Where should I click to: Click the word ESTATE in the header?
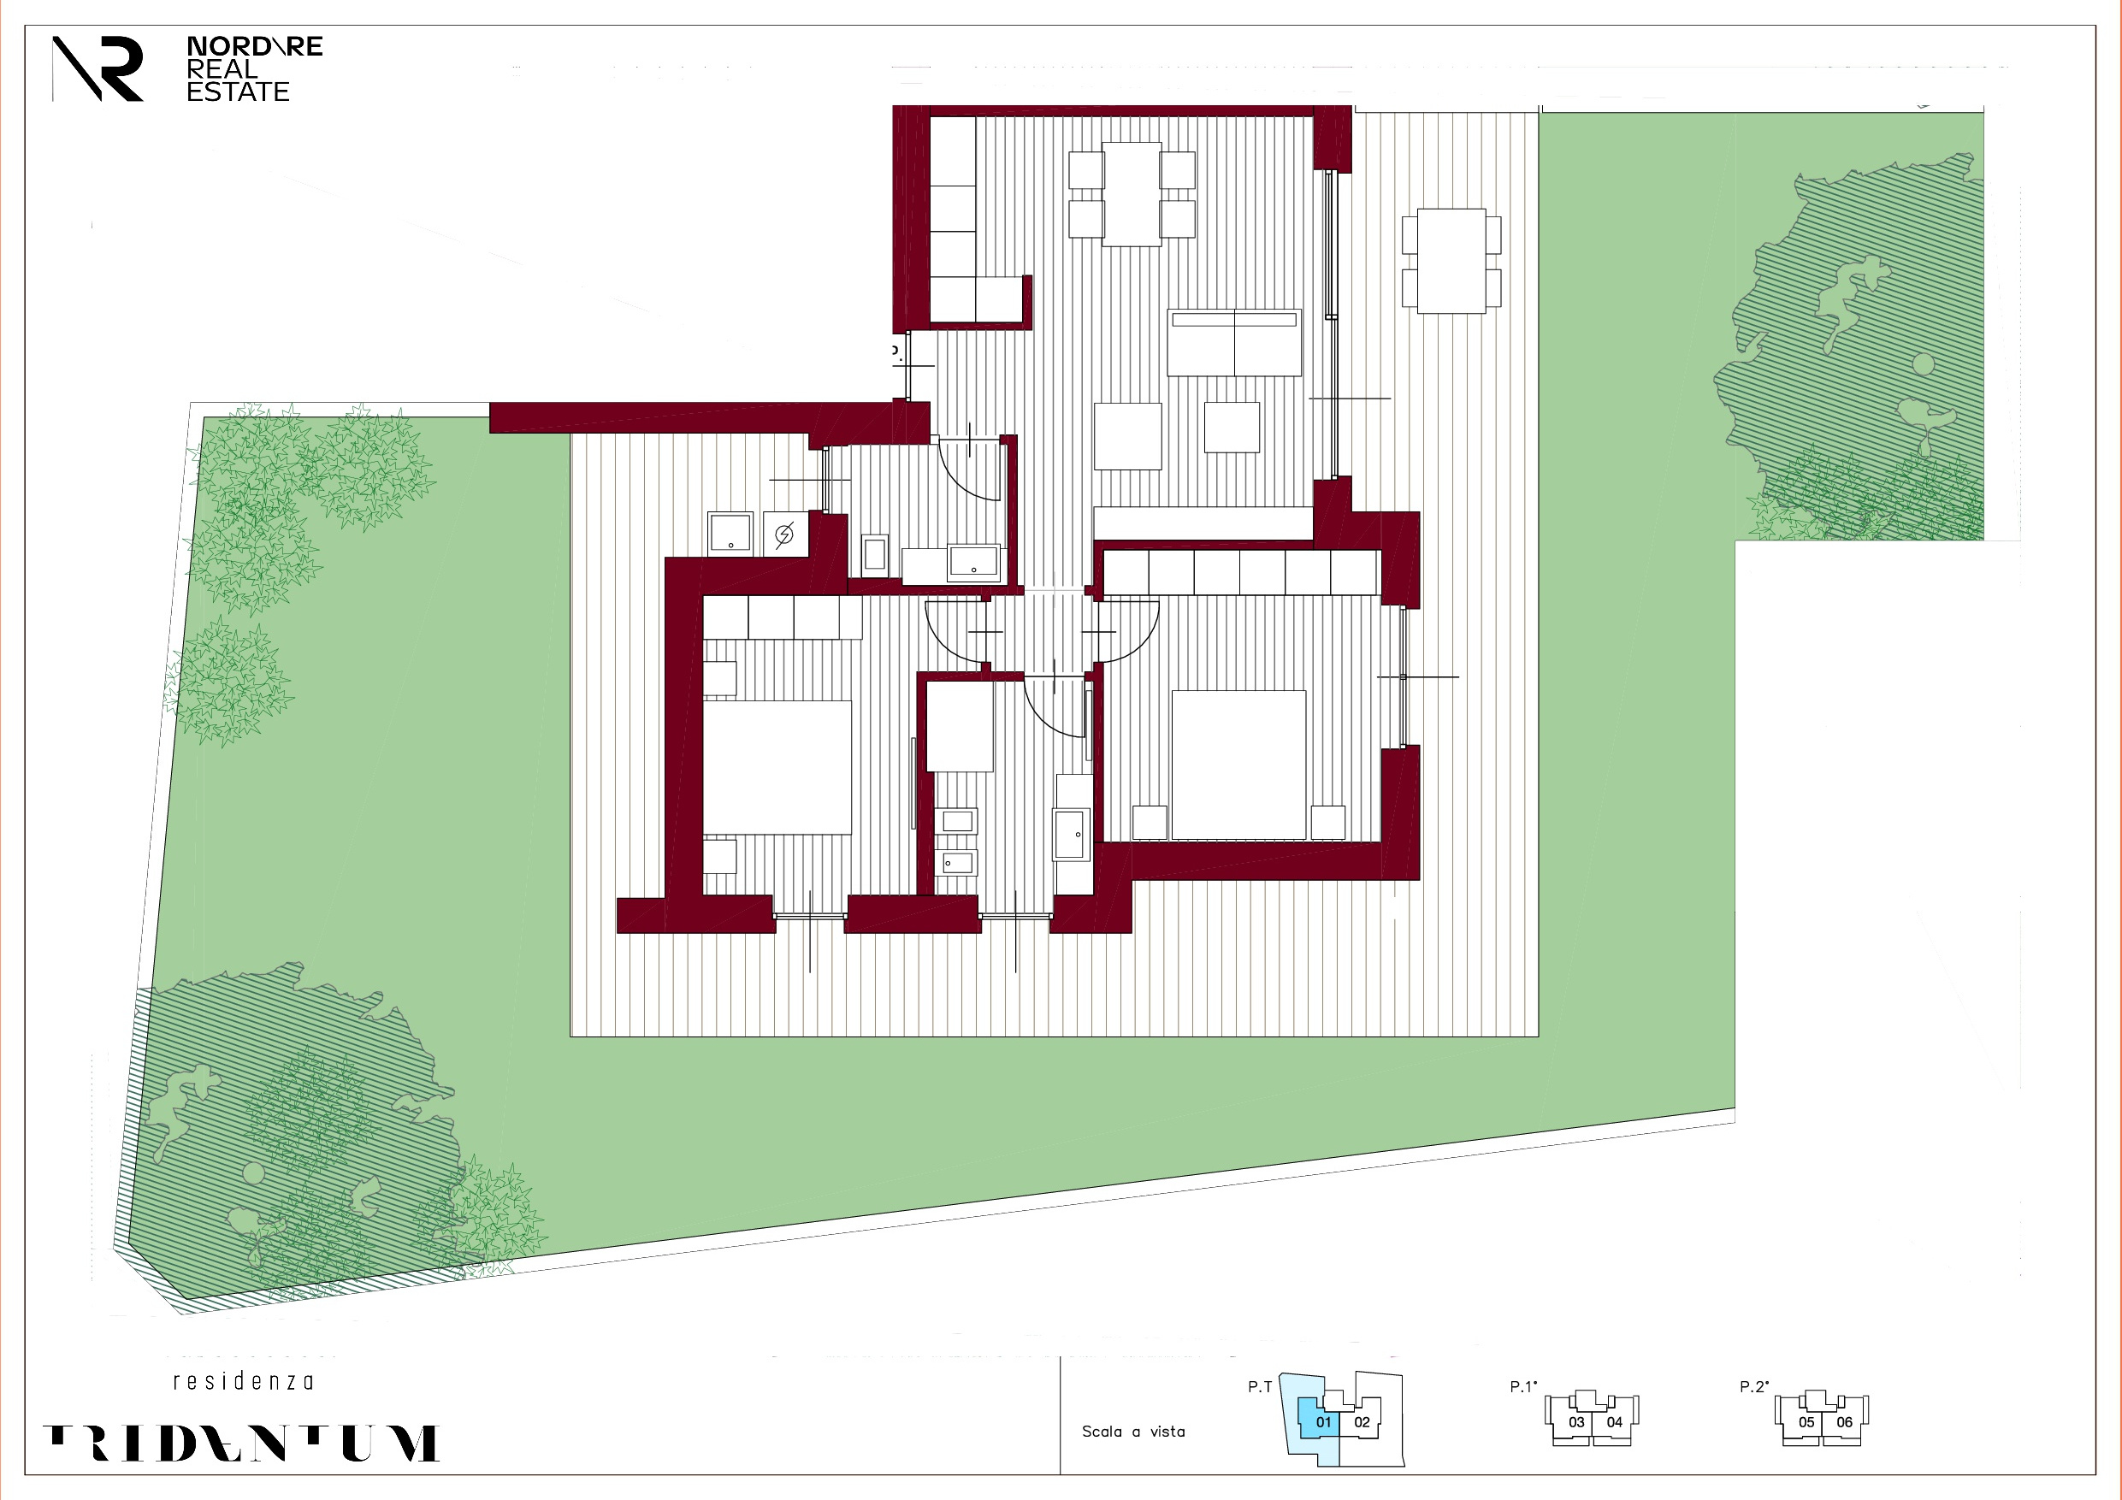coord(238,92)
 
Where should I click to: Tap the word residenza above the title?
coord(243,1382)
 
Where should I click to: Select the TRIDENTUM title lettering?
coord(241,1443)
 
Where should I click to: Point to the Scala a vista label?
coord(1133,1432)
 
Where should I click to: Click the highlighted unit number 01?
coord(1323,1422)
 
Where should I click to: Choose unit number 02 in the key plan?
coord(1362,1422)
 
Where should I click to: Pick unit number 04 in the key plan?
coord(1615,1422)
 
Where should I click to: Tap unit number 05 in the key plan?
coord(1806,1422)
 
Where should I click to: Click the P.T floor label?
coord(1260,1386)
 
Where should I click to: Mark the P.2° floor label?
coord(1753,1386)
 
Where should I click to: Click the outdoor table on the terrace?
coord(1451,261)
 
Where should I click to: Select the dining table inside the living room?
coord(1132,193)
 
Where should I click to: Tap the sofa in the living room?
coord(1234,343)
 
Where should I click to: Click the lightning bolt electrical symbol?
coord(784,534)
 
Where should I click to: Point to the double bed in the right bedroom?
coord(1239,765)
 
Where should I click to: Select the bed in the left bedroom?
coord(777,767)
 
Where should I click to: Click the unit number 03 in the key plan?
coord(1576,1422)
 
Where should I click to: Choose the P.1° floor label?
coord(1523,1386)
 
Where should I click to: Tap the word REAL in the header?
coord(222,69)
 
